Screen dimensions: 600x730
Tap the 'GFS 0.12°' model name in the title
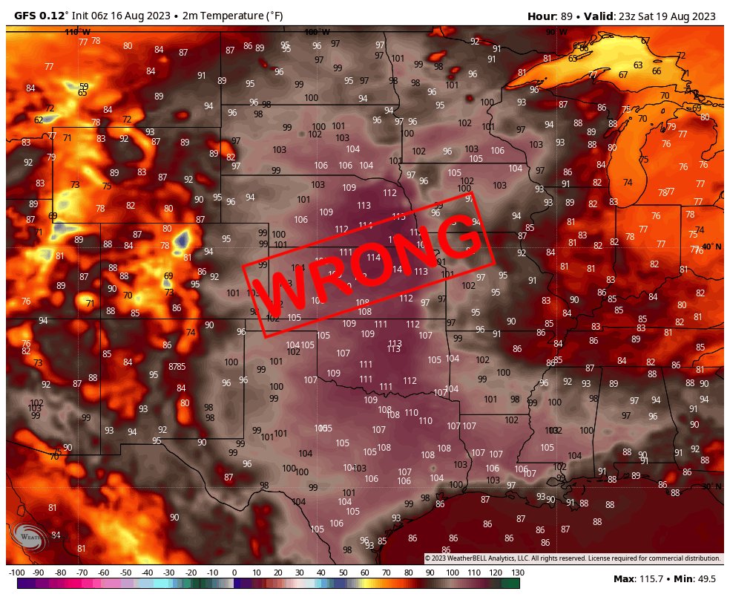click(40, 16)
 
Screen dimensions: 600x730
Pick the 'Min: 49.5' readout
click(697, 578)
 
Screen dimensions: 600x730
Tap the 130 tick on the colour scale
click(517, 573)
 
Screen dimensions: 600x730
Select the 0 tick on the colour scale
click(234, 573)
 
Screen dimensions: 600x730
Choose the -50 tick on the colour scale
click(125, 573)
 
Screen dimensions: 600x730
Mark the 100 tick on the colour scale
click(452, 573)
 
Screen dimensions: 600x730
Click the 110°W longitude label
click(77, 32)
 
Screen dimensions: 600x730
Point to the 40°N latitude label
click(711, 247)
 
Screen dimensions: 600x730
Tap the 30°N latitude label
click(711, 486)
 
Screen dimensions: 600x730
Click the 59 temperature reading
click(84, 86)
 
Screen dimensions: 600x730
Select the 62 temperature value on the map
click(39, 120)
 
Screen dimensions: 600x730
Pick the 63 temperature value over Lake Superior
click(638, 65)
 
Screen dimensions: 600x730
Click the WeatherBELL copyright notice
click(572, 558)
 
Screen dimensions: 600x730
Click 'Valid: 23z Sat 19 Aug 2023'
click(653, 16)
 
